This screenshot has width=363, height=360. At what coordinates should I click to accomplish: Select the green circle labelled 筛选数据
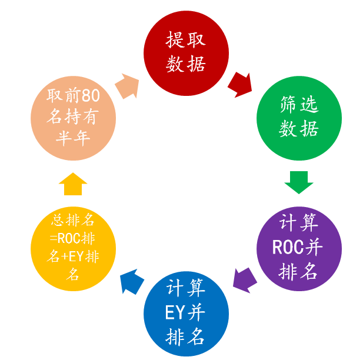pos(299,118)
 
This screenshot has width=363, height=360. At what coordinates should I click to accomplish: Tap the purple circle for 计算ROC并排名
pos(299,248)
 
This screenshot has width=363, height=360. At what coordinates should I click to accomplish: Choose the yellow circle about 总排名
pos(73,248)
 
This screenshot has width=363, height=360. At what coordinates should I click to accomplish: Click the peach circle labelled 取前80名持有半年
pos(73,118)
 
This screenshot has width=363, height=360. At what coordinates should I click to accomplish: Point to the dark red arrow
pos(240,84)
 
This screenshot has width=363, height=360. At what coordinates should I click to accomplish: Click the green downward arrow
pos(299,182)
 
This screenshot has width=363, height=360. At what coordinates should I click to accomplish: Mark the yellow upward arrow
pos(73,184)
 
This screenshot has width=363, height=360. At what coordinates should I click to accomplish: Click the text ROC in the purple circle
pos(287,248)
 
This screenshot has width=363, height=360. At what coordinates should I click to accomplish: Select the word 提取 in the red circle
pos(186,41)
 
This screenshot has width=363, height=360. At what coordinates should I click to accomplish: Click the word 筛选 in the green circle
pos(299,105)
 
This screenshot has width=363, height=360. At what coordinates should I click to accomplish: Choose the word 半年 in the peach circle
pos(72,139)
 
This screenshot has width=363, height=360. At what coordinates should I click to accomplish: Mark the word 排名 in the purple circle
pos(299,271)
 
